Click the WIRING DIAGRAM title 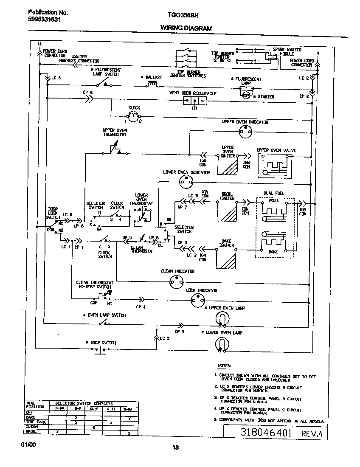pyautogui.click(x=186, y=28)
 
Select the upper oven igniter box pyautogui.click(x=227, y=165)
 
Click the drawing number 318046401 pyautogui.click(x=260, y=433)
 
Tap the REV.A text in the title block pyautogui.click(x=312, y=434)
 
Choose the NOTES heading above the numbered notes pyautogui.click(x=224, y=366)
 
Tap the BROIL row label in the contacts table pyautogui.click(x=31, y=431)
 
